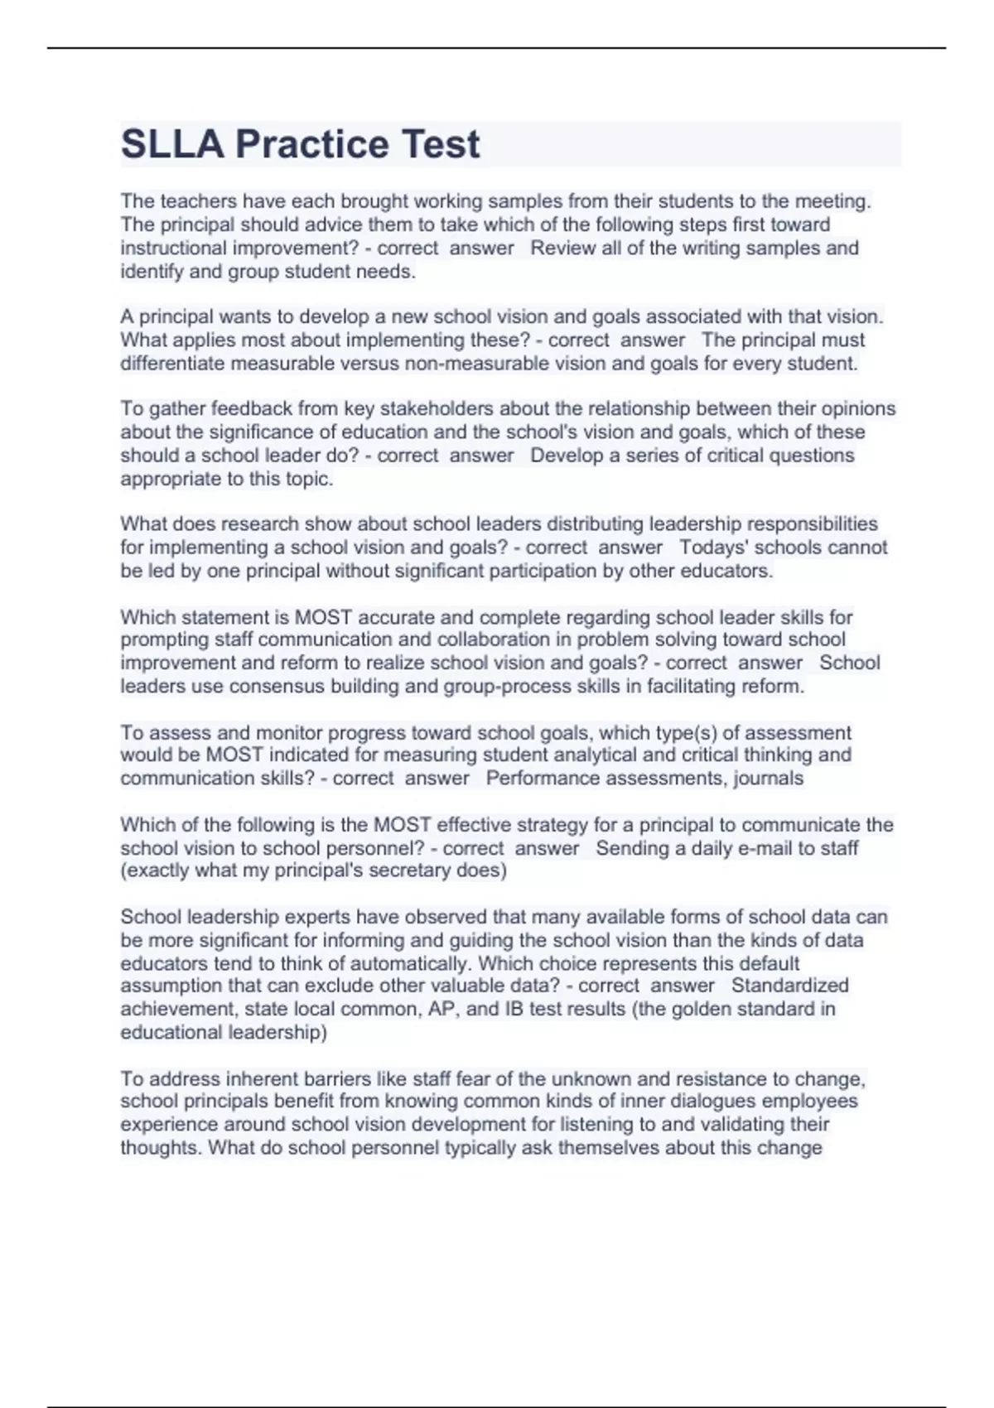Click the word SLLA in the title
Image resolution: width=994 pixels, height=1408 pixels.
pos(172,144)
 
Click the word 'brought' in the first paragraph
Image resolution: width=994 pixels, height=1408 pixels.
pos(374,201)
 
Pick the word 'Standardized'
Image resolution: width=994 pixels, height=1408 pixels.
pos(789,986)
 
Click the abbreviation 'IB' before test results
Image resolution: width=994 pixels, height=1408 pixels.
pos(514,1009)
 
